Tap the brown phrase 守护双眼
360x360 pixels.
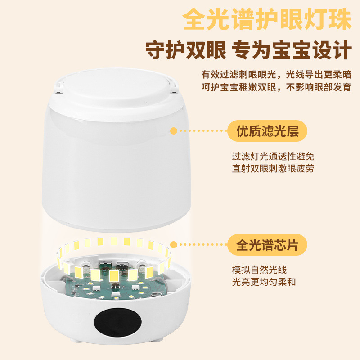tap(185, 51)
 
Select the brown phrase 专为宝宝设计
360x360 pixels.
tap(294, 51)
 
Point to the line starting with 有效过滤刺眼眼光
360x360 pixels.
tap(276, 74)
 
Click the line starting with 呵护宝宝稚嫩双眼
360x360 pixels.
tap(276, 87)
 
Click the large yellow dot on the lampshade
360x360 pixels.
tap(173, 131)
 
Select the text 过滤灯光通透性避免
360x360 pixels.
tap(276, 157)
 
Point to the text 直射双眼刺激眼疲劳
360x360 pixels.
tap(276, 169)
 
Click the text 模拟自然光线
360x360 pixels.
tap(259, 270)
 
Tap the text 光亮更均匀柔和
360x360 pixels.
tap(264, 282)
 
